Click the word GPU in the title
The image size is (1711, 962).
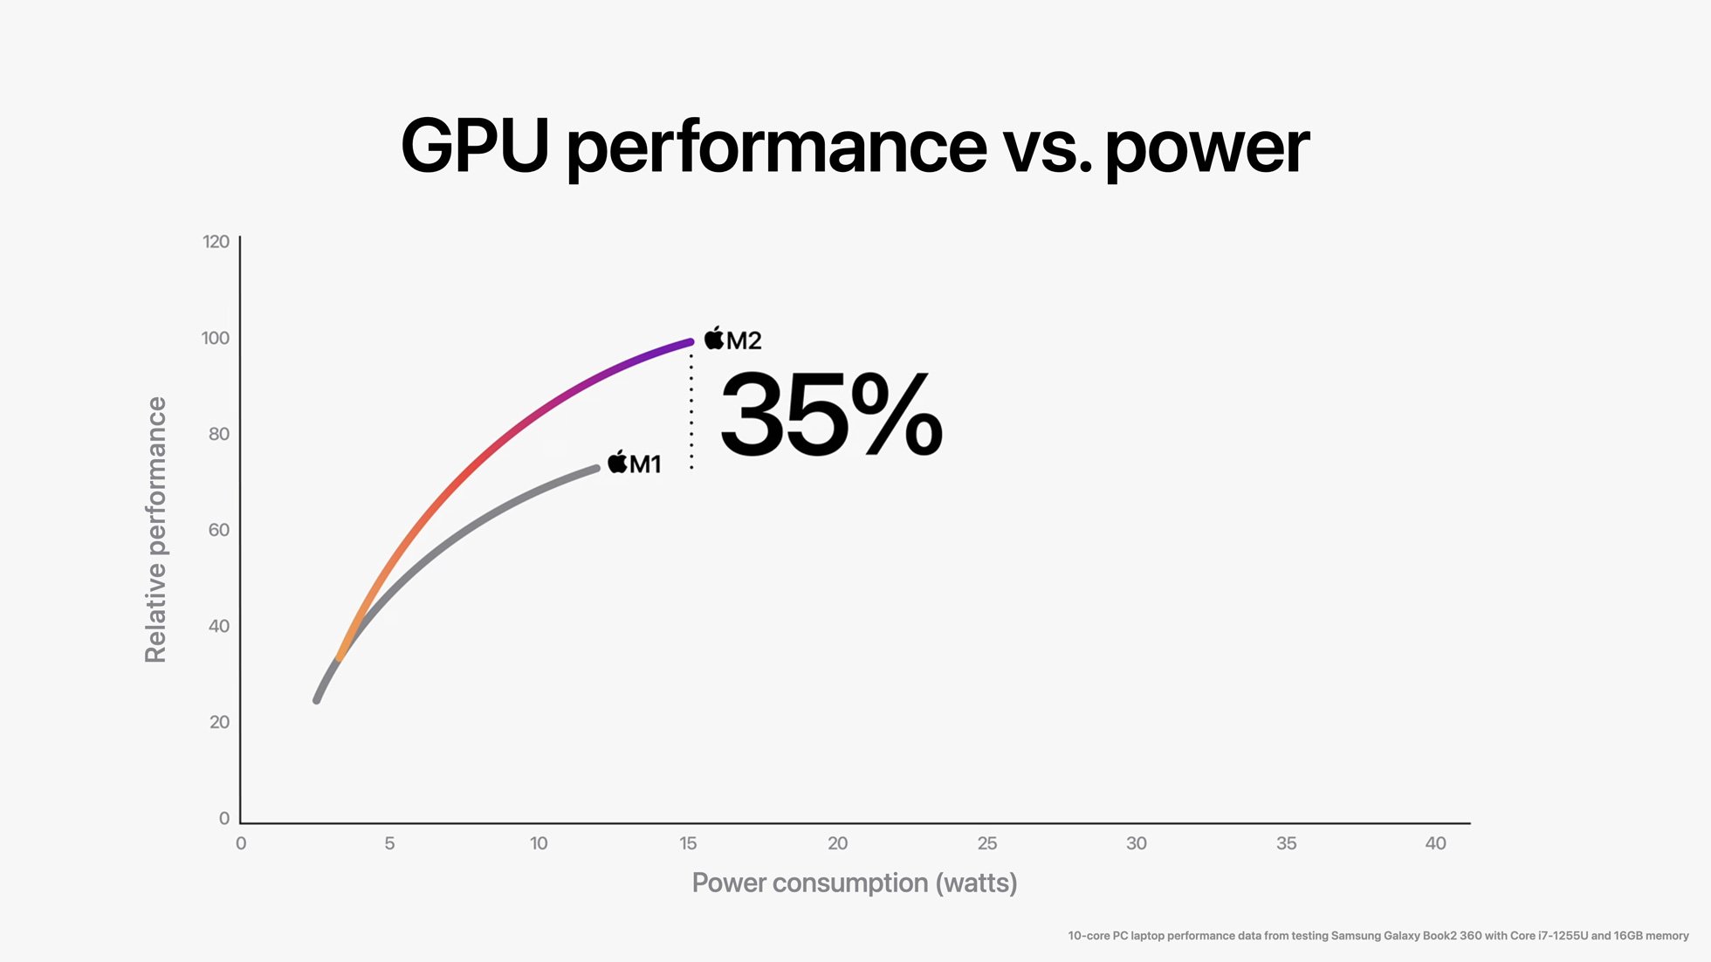coord(474,146)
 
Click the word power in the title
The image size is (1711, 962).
coord(1206,148)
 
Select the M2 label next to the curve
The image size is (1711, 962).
coord(744,340)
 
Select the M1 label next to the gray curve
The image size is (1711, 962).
coord(645,464)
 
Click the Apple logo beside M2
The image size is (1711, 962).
coord(714,338)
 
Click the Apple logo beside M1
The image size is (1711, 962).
coord(617,462)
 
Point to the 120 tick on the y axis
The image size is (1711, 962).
coord(216,242)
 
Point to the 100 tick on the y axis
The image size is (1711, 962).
coord(216,338)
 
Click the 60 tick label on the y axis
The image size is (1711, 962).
coord(218,530)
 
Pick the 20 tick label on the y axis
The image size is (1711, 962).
coord(219,722)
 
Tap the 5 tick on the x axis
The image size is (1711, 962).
coord(389,843)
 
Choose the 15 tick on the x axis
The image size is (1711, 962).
coord(688,843)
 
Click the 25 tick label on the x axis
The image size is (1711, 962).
coord(986,843)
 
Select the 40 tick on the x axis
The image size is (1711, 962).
coord(1435,843)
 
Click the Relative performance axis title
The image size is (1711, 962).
coord(155,530)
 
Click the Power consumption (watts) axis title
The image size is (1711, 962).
coord(854,883)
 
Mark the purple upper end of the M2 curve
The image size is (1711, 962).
coord(688,342)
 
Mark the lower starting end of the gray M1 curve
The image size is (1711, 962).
coord(318,698)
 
